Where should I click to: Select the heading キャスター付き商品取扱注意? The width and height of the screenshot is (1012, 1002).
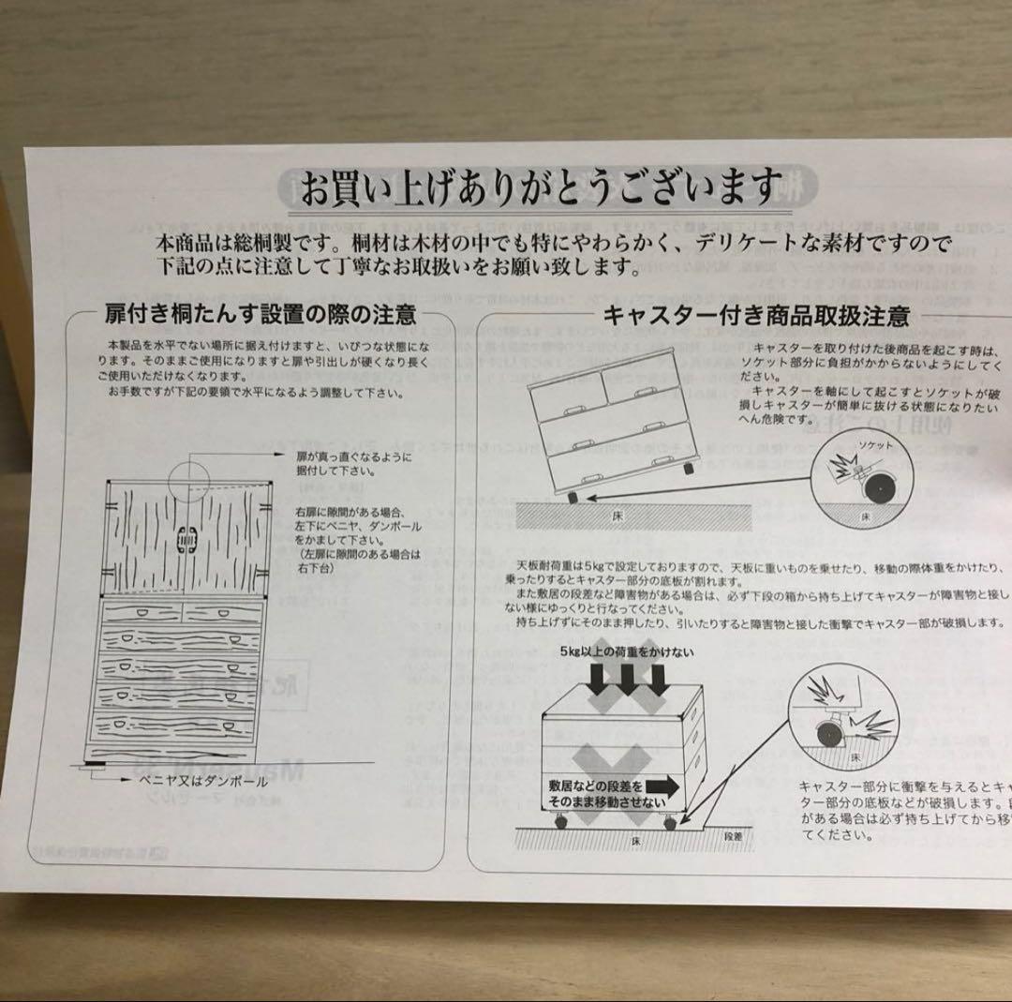(755, 316)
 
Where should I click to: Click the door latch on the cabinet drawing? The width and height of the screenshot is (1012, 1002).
(187, 542)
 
